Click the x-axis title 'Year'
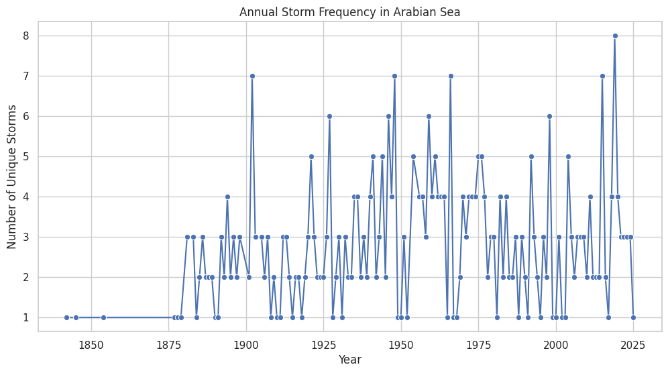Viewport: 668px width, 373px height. coord(350,360)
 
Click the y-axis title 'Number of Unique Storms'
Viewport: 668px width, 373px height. coord(13,176)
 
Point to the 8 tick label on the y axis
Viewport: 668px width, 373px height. coord(25,36)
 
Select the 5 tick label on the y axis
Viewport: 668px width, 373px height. coord(25,156)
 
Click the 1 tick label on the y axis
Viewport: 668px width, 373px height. coord(25,317)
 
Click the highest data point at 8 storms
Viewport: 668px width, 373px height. coord(615,36)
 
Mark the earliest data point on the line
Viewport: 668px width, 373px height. coord(66,317)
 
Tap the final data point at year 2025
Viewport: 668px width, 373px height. coord(633,317)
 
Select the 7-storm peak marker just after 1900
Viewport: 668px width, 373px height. coord(252,76)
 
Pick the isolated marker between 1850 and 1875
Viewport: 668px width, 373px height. coord(103,317)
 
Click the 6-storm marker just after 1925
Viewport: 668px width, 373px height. coord(329,116)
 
